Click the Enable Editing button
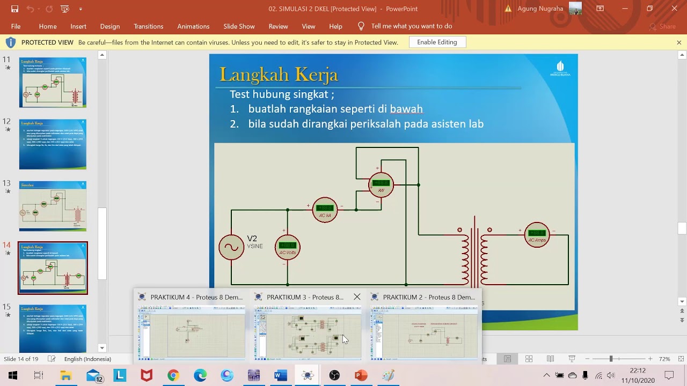pos(437,42)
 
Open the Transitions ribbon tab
pos(148,26)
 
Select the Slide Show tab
pos(239,26)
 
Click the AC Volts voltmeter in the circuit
pos(287,247)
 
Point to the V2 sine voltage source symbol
pos(231,247)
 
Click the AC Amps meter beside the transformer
pos(537,235)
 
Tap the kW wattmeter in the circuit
pos(381,185)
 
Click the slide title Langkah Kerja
pos(279,75)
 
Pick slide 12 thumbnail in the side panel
pos(53,144)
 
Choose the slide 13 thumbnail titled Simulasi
pos(53,206)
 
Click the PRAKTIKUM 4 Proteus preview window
pos(192,332)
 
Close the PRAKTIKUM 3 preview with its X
pos(357,297)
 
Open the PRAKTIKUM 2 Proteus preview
pos(424,332)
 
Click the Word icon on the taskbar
pos(281,375)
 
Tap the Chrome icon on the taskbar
pos(173,375)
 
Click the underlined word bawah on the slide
pos(406,109)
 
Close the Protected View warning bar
pos(678,42)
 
